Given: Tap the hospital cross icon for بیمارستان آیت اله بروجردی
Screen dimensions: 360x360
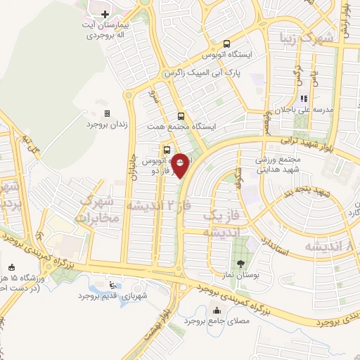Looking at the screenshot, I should [x=104, y=14].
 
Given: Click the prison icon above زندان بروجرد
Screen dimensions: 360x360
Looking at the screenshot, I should [x=107, y=113].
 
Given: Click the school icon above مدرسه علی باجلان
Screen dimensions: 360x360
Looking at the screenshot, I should [x=304, y=99].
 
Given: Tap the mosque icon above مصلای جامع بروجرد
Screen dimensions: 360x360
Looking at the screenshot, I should [x=216, y=311].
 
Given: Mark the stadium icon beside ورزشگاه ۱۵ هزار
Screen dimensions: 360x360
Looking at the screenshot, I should [x=11, y=267].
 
